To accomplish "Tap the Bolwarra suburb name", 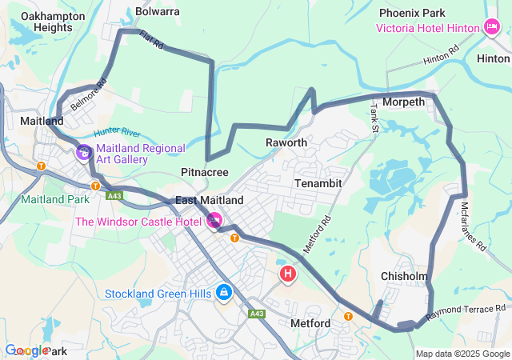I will point(158,12).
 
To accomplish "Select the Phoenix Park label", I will point(412,14).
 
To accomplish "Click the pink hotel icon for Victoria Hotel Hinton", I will point(492,28).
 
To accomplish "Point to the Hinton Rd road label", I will point(442,58).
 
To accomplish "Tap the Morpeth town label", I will point(404,103).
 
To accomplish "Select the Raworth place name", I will point(286,142).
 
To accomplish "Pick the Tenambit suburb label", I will point(319,183).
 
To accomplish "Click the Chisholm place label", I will point(404,276).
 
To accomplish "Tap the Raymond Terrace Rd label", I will point(466,313).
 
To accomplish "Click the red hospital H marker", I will point(288,275).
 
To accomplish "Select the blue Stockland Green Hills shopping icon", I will point(225,293).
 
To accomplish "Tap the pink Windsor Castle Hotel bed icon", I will point(214,220).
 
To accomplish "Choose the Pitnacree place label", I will point(205,172).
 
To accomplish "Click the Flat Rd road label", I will point(151,41).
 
